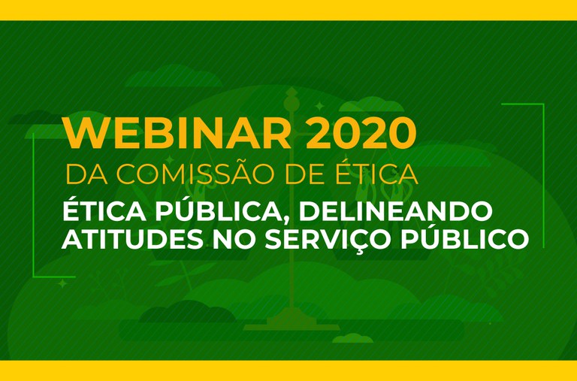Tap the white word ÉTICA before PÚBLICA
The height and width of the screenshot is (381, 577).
[x=95, y=209]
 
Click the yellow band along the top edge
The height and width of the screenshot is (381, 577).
[x=288, y=10]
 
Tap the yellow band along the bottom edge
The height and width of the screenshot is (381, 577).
[x=288, y=370]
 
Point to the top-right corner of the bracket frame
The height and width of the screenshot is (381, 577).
[x=542, y=104]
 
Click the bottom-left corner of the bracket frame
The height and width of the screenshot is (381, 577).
[x=35, y=276]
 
